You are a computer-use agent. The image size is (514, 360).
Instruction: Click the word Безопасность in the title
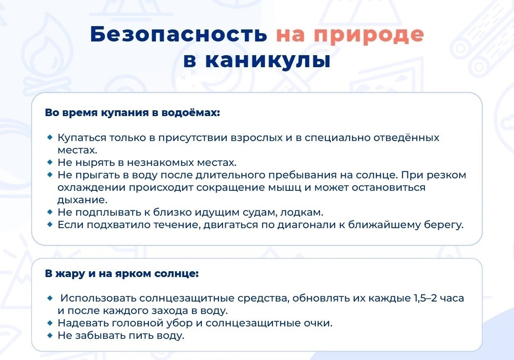point(179,34)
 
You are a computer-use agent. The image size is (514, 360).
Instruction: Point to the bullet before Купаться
point(50,137)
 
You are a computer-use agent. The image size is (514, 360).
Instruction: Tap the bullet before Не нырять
point(50,162)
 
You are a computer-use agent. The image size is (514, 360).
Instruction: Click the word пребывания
point(303,175)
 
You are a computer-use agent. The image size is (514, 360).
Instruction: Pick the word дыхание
point(82,200)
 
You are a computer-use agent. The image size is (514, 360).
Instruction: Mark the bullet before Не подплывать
point(50,212)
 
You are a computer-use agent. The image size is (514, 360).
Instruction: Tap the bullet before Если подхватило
point(50,224)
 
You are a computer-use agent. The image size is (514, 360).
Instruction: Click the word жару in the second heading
point(70,274)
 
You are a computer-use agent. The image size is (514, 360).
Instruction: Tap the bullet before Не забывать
point(50,335)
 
